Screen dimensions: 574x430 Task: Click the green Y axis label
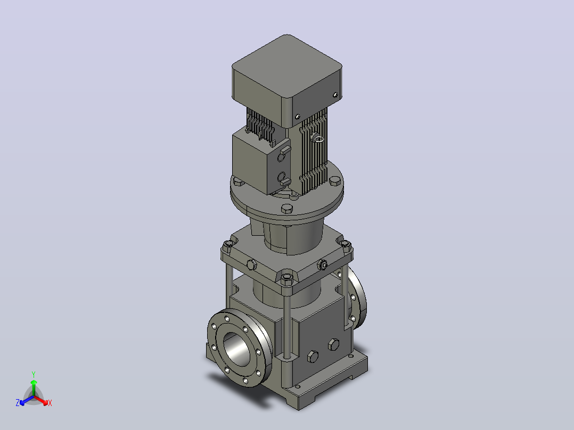tap(34, 374)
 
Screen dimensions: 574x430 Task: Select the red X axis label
tap(50, 403)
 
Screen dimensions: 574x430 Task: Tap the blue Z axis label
tap(18, 403)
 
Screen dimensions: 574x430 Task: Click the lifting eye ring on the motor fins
tap(317, 138)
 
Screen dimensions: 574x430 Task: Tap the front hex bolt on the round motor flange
tap(286, 209)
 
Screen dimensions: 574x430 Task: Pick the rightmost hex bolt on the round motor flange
tap(335, 181)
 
